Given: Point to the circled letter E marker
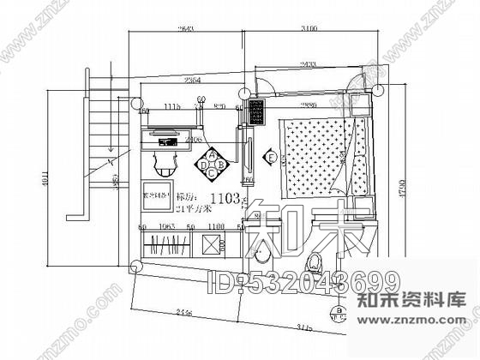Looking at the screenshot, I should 270,159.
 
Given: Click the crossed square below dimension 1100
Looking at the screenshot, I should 210,245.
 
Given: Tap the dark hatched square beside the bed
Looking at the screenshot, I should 256,111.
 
